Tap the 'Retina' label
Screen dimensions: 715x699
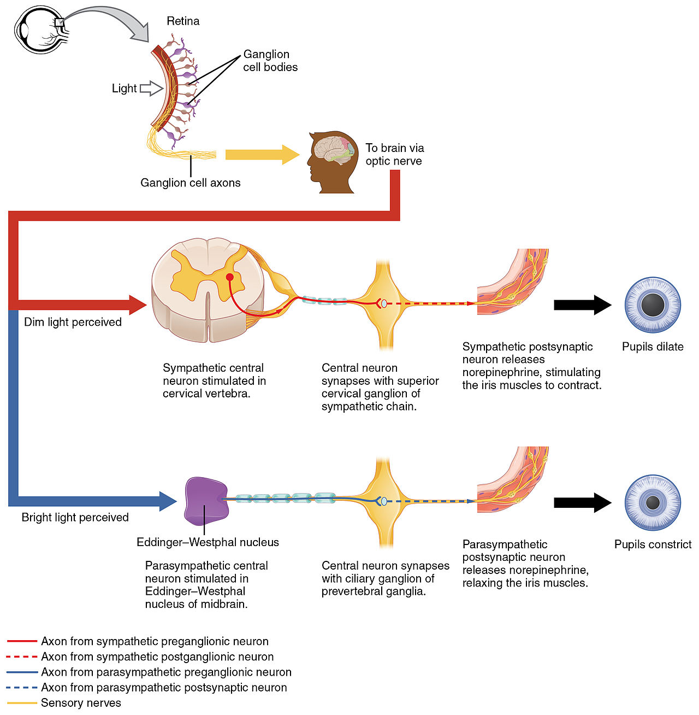click(183, 21)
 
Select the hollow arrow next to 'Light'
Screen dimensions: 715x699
click(151, 89)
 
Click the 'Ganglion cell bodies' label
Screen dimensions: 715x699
click(270, 61)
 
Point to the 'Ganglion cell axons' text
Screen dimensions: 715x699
click(190, 183)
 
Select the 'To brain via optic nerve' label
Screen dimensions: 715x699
click(394, 154)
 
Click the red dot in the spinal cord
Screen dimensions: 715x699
click(230, 277)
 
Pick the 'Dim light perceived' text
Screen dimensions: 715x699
click(73, 322)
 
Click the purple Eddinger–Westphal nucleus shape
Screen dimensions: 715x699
click(206, 500)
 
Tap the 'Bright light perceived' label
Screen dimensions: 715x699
click(75, 517)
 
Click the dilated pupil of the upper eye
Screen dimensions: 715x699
click(653, 304)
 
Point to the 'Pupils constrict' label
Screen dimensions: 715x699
click(653, 544)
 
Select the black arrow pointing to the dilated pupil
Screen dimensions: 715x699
click(582, 304)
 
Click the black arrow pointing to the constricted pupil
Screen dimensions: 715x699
click(582, 502)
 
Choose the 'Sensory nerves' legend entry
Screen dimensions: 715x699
click(81, 703)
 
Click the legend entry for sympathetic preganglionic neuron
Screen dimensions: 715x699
click(155, 641)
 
